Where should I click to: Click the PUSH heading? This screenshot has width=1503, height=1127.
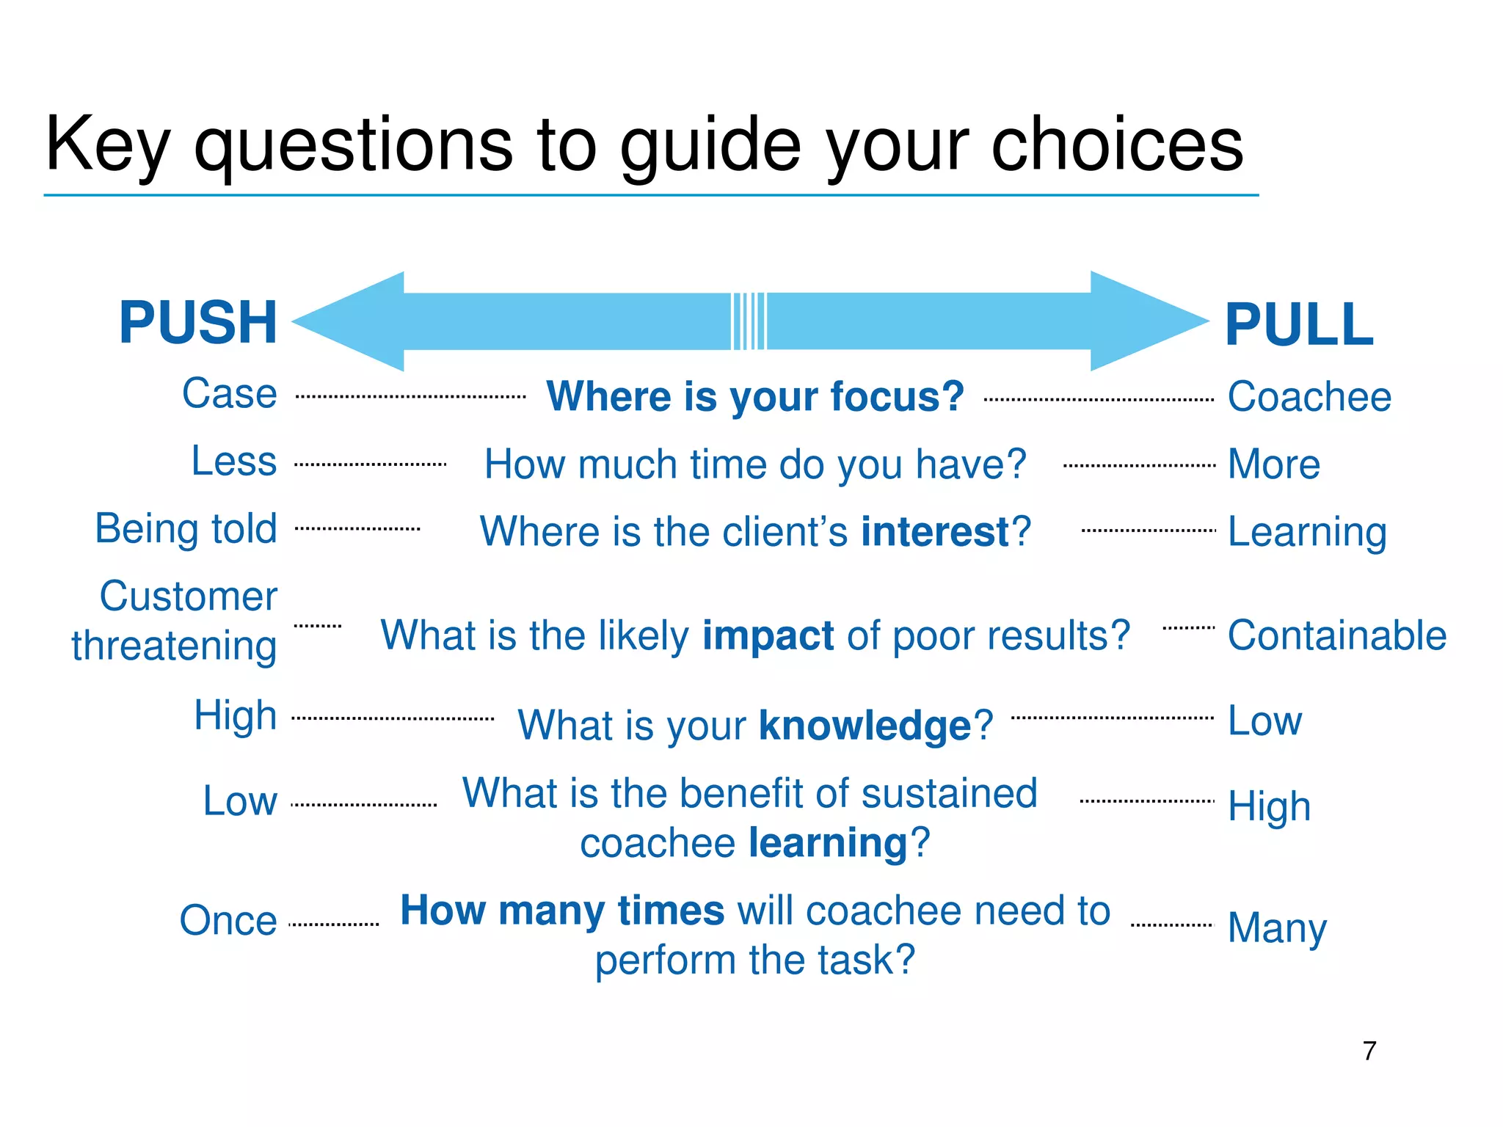click(x=198, y=323)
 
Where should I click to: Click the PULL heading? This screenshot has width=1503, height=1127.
click(x=1299, y=325)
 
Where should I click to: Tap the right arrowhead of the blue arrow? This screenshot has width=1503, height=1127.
click(x=1145, y=321)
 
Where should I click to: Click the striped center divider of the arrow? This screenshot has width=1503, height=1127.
click(x=749, y=321)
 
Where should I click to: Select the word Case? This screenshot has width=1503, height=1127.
click(x=230, y=394)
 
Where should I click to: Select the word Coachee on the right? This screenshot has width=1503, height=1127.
click(x=1309, y=397)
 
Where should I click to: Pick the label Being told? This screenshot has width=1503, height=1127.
click(x=186, y=529)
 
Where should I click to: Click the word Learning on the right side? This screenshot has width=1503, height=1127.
click(x=1307, y=532)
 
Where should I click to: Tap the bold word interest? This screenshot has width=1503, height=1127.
click(x=936, y=532)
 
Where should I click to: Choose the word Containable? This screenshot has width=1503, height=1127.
click(x=1336, y=635)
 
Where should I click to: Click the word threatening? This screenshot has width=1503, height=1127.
click(x=175, y=646)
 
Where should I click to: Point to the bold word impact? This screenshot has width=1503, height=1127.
click(x=768, y=635)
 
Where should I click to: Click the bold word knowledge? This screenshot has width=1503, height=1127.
click(x=865, y=726)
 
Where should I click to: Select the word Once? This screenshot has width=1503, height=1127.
click(x=228, y=921)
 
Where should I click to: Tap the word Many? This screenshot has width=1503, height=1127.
click(x=1277, y=928)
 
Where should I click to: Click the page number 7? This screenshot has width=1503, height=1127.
click(x=1369, y=1051)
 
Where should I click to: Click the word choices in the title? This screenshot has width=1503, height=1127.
click(x=1117, y=145)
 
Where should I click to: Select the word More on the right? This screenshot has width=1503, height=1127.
click(x=1274, y=464)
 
